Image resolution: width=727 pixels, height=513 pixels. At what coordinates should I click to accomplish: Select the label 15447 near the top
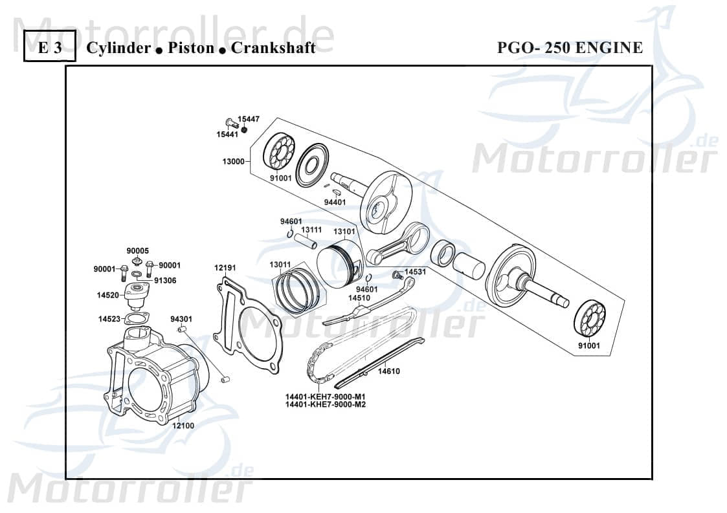pyautogui.click(x=248, y=119)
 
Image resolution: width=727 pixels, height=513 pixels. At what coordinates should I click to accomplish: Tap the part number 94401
pyautogui.click(x=335, y=202)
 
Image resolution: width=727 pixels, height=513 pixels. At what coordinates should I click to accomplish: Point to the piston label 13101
pyautogui.click(x=344, y=231)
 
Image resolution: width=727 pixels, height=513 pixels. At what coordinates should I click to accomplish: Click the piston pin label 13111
pyautogui.click(x=311, y=230)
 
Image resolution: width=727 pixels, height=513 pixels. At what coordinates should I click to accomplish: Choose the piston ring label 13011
pyautogui.click(x=280, y=264)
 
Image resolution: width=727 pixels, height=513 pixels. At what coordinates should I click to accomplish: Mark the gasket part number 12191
pyautogui.click(x=225, y=267)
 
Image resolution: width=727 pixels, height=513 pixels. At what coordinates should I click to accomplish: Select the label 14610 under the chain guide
pyautogui.click(x=389, y=371)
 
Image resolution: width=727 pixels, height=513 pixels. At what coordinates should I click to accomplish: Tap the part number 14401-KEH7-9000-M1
pyautogui.click(x=325, y=397)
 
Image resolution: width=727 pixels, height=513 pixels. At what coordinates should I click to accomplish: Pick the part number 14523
pyautogui.click(x=109, y=319)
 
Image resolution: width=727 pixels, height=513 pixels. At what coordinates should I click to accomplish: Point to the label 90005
pyautogui.click(x=137, y=250)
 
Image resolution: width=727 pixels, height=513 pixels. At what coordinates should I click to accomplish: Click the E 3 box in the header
pyautogui.click(x=50, y=48)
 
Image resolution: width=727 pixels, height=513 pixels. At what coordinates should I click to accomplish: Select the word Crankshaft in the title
pyautogui.click(x=273, y=48)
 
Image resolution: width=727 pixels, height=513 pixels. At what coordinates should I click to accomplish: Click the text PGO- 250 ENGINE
pyautogui.click(x=570, y=48)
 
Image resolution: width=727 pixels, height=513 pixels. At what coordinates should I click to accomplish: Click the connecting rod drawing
pyautogui.click(x=398, y=243)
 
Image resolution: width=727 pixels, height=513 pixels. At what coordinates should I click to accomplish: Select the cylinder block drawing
pyautogui.click(x=155, y=375)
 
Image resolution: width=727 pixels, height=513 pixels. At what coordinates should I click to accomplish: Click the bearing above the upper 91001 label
pyautogui.click(x=279, y=152)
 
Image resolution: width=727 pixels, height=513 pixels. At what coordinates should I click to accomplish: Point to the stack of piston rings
pyautogui.click(x=295, y=292)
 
